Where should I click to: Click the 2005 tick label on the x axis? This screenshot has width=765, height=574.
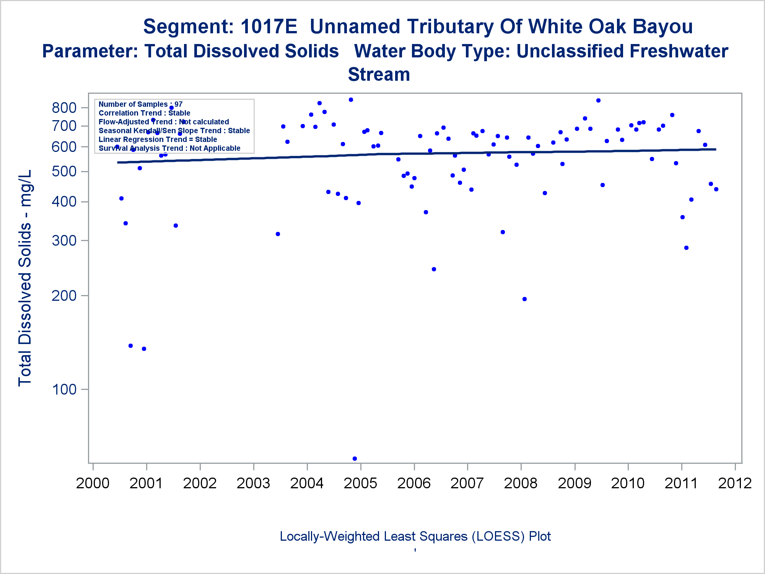[x=360, y=483]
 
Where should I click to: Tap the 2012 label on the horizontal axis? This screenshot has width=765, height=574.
[x=735, y=483]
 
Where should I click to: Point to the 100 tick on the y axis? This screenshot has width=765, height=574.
[x=64, y=390]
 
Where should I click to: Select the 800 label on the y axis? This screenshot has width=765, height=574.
[x=64, y=108]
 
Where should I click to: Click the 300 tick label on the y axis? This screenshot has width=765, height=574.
[x=64, y=241]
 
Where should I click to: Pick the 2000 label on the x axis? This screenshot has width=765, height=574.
[x=93, y=483]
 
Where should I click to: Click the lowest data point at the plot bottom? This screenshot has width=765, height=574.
[x=355, y=458]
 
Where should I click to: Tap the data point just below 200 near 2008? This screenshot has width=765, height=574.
[x=524, y=299]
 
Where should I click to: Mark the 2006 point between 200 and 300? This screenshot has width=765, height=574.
[x=434, y=269]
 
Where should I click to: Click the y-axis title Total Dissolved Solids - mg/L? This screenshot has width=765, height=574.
[x=25, y=278]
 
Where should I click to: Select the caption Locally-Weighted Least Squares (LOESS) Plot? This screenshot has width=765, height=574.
[x=415, y=536]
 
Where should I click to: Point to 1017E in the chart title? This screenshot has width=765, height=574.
[x=269, y=26]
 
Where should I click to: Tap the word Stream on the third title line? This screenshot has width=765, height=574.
[x=379, y=74]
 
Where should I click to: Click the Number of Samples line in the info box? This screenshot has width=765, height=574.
[x=140, y=104]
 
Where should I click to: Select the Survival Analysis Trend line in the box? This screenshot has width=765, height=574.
[x=169, y=148]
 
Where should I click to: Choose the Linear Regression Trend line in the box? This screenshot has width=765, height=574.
[x=158, y=139]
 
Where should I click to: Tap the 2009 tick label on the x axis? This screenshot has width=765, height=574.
[x=575, y=483]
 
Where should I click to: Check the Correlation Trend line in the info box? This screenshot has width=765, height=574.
[x=144, y=113]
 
